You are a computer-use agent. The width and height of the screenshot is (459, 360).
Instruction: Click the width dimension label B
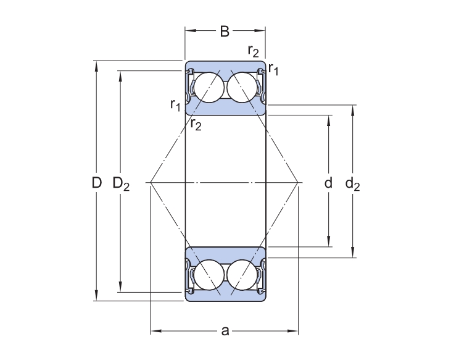225,31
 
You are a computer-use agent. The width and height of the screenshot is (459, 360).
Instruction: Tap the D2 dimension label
121,183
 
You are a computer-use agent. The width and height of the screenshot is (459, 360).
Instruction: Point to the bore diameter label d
328,183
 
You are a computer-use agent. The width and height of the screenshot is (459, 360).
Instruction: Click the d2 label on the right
352,183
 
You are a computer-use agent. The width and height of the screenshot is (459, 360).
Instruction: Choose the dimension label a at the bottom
225,332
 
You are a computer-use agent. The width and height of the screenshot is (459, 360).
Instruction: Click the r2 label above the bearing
253,51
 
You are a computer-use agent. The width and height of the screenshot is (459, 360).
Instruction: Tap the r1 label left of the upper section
175,105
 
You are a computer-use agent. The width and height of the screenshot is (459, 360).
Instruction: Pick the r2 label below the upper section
196,124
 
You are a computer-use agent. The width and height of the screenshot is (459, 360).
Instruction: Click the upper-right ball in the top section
242,87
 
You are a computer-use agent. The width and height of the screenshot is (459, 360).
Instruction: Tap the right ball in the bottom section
242,274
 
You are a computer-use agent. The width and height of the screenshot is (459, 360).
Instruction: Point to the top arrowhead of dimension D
96,65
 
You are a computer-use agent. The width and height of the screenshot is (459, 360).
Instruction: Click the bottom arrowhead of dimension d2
353,253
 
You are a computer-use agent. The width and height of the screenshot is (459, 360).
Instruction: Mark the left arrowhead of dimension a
155,332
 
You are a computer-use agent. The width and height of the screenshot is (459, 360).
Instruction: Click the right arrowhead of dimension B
262,30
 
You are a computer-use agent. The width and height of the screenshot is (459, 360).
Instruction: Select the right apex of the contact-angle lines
299,182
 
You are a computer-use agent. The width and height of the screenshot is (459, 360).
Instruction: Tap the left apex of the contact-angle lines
151,182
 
